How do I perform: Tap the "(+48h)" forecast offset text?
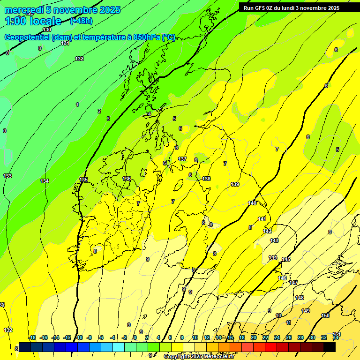coord(81,21)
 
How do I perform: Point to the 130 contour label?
coord(47,30)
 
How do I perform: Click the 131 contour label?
coord(65,43)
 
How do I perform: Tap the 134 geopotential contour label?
coord(45,181)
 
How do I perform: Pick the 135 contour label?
coord(83,180)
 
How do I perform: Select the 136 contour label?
coord(127,179)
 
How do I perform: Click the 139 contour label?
coord(235,184)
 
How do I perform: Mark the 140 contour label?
coord(252,203)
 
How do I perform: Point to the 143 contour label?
coord(274,240)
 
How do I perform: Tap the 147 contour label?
coord(293,283)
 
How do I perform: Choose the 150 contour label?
coord(325,315)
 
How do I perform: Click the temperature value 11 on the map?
coord(288,322)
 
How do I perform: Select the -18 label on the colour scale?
coord(32,338)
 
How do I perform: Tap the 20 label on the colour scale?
coord(253,338)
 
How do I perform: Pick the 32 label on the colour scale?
coord(323,338)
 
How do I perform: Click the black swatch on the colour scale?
coord(330,347)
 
